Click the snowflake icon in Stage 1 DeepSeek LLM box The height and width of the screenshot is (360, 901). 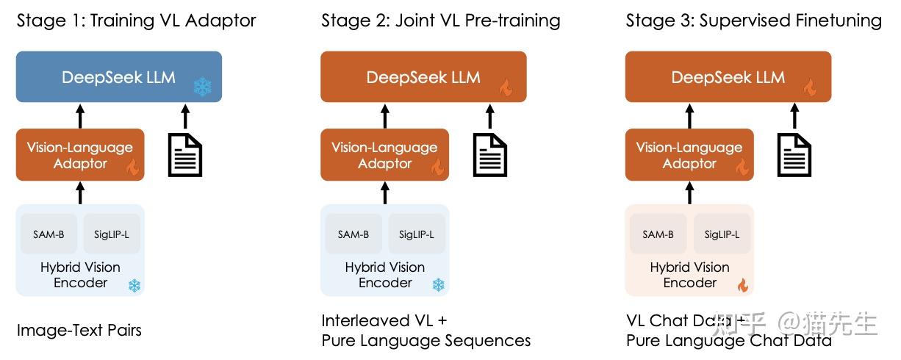tap(201, 87)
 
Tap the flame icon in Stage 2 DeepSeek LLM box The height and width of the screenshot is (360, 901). tap(506, 88)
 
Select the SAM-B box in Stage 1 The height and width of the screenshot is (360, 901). tap(49, 234)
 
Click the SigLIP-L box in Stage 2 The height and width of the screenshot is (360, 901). tap(416, 234)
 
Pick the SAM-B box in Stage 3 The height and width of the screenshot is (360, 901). tap(658, 234)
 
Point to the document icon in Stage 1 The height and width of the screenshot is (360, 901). tap(184, 155)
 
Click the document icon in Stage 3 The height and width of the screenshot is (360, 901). tap(794, 155)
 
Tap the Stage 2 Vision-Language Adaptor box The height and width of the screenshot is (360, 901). tap(384, 155)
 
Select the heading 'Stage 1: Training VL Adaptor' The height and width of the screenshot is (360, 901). tap(137, 21)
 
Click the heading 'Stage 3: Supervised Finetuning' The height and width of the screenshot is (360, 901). tap(753, 21)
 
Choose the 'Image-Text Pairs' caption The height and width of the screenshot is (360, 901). tap(79, 330)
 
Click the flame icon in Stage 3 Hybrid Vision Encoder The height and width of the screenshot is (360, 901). tap(742, 285)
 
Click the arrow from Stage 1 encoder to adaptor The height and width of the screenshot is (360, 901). tap(80, 192)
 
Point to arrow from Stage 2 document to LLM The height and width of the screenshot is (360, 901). tap(489, 115)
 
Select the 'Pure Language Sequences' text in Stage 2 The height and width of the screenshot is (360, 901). tap(426, 341)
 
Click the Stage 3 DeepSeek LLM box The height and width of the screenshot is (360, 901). tap(728, 76)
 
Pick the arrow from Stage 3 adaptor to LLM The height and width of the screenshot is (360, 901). tap(689, 115)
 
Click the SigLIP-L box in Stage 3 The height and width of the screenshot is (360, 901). tap(722, 234)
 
